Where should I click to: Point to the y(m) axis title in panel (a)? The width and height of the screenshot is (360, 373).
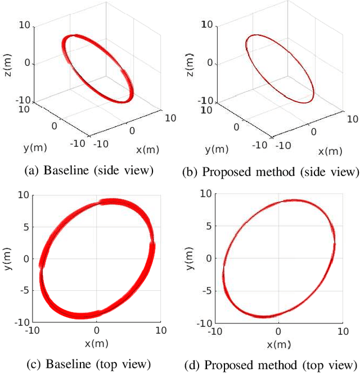35,147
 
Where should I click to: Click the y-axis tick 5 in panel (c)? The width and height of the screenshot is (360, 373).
25,227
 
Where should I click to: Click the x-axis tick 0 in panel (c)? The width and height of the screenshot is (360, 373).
97,331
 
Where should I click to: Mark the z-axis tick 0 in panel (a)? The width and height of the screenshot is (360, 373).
26,64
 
